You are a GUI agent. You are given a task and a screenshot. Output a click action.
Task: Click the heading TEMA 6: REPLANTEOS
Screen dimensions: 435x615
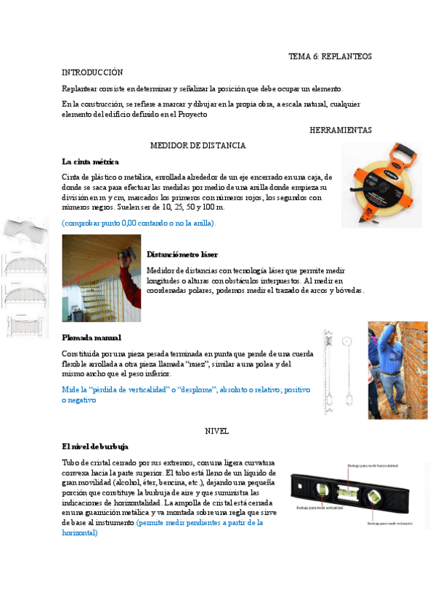point(330,56)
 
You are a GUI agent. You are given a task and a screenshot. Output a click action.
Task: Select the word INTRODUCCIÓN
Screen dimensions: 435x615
point(92,73)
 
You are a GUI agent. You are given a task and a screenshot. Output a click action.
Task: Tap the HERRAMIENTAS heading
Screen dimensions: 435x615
point(340,130)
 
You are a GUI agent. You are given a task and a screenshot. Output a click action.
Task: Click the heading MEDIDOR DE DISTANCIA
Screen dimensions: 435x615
point(198,145)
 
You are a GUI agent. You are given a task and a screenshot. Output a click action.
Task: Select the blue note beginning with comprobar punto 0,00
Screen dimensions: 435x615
point(139,223)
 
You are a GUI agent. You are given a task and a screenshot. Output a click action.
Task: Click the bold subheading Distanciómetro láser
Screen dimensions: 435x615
point(182,255)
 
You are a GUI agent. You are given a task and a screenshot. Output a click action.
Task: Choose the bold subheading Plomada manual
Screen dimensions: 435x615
point(92,337)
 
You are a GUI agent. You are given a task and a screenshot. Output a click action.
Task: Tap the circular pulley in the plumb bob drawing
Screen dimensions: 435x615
point(346,340)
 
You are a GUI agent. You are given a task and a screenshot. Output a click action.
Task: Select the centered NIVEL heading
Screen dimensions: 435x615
point(217,430)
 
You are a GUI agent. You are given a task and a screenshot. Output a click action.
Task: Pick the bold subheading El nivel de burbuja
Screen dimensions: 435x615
point(95,446)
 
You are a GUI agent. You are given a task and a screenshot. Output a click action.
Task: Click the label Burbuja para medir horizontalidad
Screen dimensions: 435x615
point(373,466)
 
